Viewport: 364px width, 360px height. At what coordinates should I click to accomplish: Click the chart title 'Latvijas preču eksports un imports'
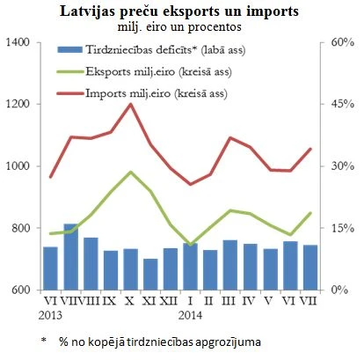(181, 12)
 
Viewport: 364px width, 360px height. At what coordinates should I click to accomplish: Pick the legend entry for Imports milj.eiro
(141, 92)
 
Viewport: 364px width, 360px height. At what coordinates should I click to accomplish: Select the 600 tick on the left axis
(19, 290)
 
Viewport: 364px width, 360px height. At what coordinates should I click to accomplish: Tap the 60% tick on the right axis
(342, 42)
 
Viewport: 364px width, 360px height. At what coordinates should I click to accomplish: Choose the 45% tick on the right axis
(342, 104)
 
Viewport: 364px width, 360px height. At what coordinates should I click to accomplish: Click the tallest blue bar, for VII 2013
(70, 257)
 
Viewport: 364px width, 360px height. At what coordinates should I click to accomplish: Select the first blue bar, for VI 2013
(50, 268)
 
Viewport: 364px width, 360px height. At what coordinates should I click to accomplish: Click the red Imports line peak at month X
(131, 104)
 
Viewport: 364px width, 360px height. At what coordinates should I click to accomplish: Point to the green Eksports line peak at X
(131, 172)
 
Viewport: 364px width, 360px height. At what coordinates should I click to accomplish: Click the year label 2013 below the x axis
(49, 312)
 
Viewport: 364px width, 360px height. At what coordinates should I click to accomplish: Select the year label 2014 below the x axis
(190, 312)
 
